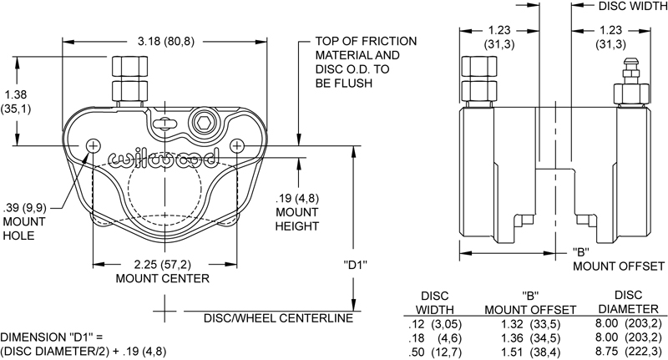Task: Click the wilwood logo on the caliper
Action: point(164,157)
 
